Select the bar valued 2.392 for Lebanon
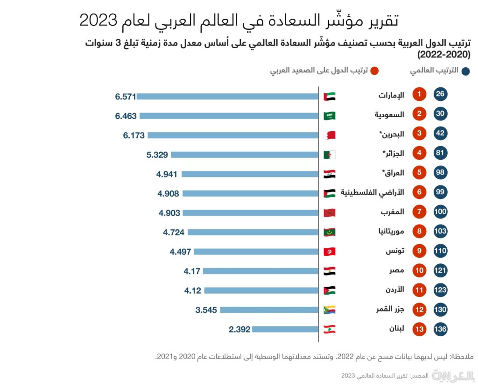click(x=285, y=329)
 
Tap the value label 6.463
click(x=126, y=116)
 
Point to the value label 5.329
click(x=157, y=155)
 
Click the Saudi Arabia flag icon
click(x=330, y=116)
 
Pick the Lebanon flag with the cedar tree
click(x=330, y=329)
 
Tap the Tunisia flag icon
click(x=330, y=252)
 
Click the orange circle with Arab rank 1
click(x=419, y=95)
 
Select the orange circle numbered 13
click(x=419, y=329)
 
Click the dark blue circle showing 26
click(x=440, y=95)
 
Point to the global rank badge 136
click(x=440, y=329)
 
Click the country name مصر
click(x=397, y=271)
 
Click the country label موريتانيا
click(x=389, y=232)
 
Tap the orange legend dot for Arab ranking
click(x=374, y=71)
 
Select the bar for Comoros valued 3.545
click(x=269, y=310)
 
